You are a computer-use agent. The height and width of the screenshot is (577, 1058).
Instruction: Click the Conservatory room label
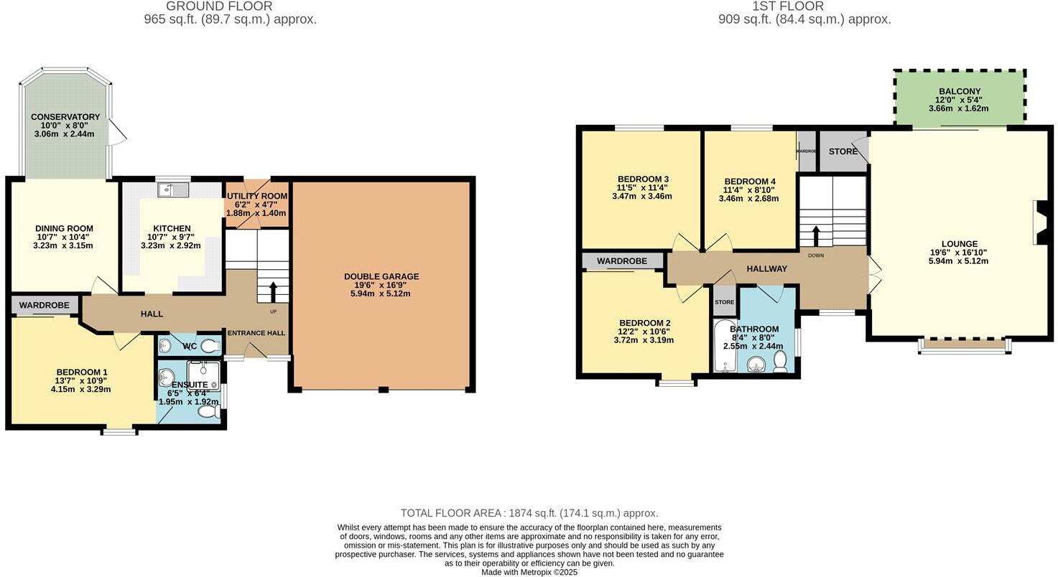65,117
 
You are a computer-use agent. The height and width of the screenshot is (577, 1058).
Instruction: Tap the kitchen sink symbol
172,189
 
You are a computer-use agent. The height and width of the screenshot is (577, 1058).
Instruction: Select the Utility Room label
257,196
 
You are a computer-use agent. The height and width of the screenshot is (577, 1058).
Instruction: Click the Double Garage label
381,276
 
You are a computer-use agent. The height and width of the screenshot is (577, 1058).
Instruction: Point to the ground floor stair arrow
273,291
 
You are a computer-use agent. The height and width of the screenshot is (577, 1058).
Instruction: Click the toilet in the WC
210,346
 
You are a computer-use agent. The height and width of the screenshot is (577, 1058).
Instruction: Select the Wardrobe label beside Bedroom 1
44,306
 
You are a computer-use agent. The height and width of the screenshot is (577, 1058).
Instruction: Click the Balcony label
959,92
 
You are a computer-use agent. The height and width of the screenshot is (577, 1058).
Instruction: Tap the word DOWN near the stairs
816,255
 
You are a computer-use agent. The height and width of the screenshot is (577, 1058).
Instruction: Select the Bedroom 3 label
643,179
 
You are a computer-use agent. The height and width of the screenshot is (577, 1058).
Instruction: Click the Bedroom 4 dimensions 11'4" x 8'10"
749,190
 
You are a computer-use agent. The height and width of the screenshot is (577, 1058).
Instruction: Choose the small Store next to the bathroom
724,301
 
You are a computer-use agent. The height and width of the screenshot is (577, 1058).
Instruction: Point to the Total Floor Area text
529,513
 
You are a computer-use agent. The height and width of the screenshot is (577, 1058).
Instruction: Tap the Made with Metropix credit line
529,572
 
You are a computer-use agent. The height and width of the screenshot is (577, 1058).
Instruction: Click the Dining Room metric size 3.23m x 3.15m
63,245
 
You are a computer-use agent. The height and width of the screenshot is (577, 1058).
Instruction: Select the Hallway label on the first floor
766,268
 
